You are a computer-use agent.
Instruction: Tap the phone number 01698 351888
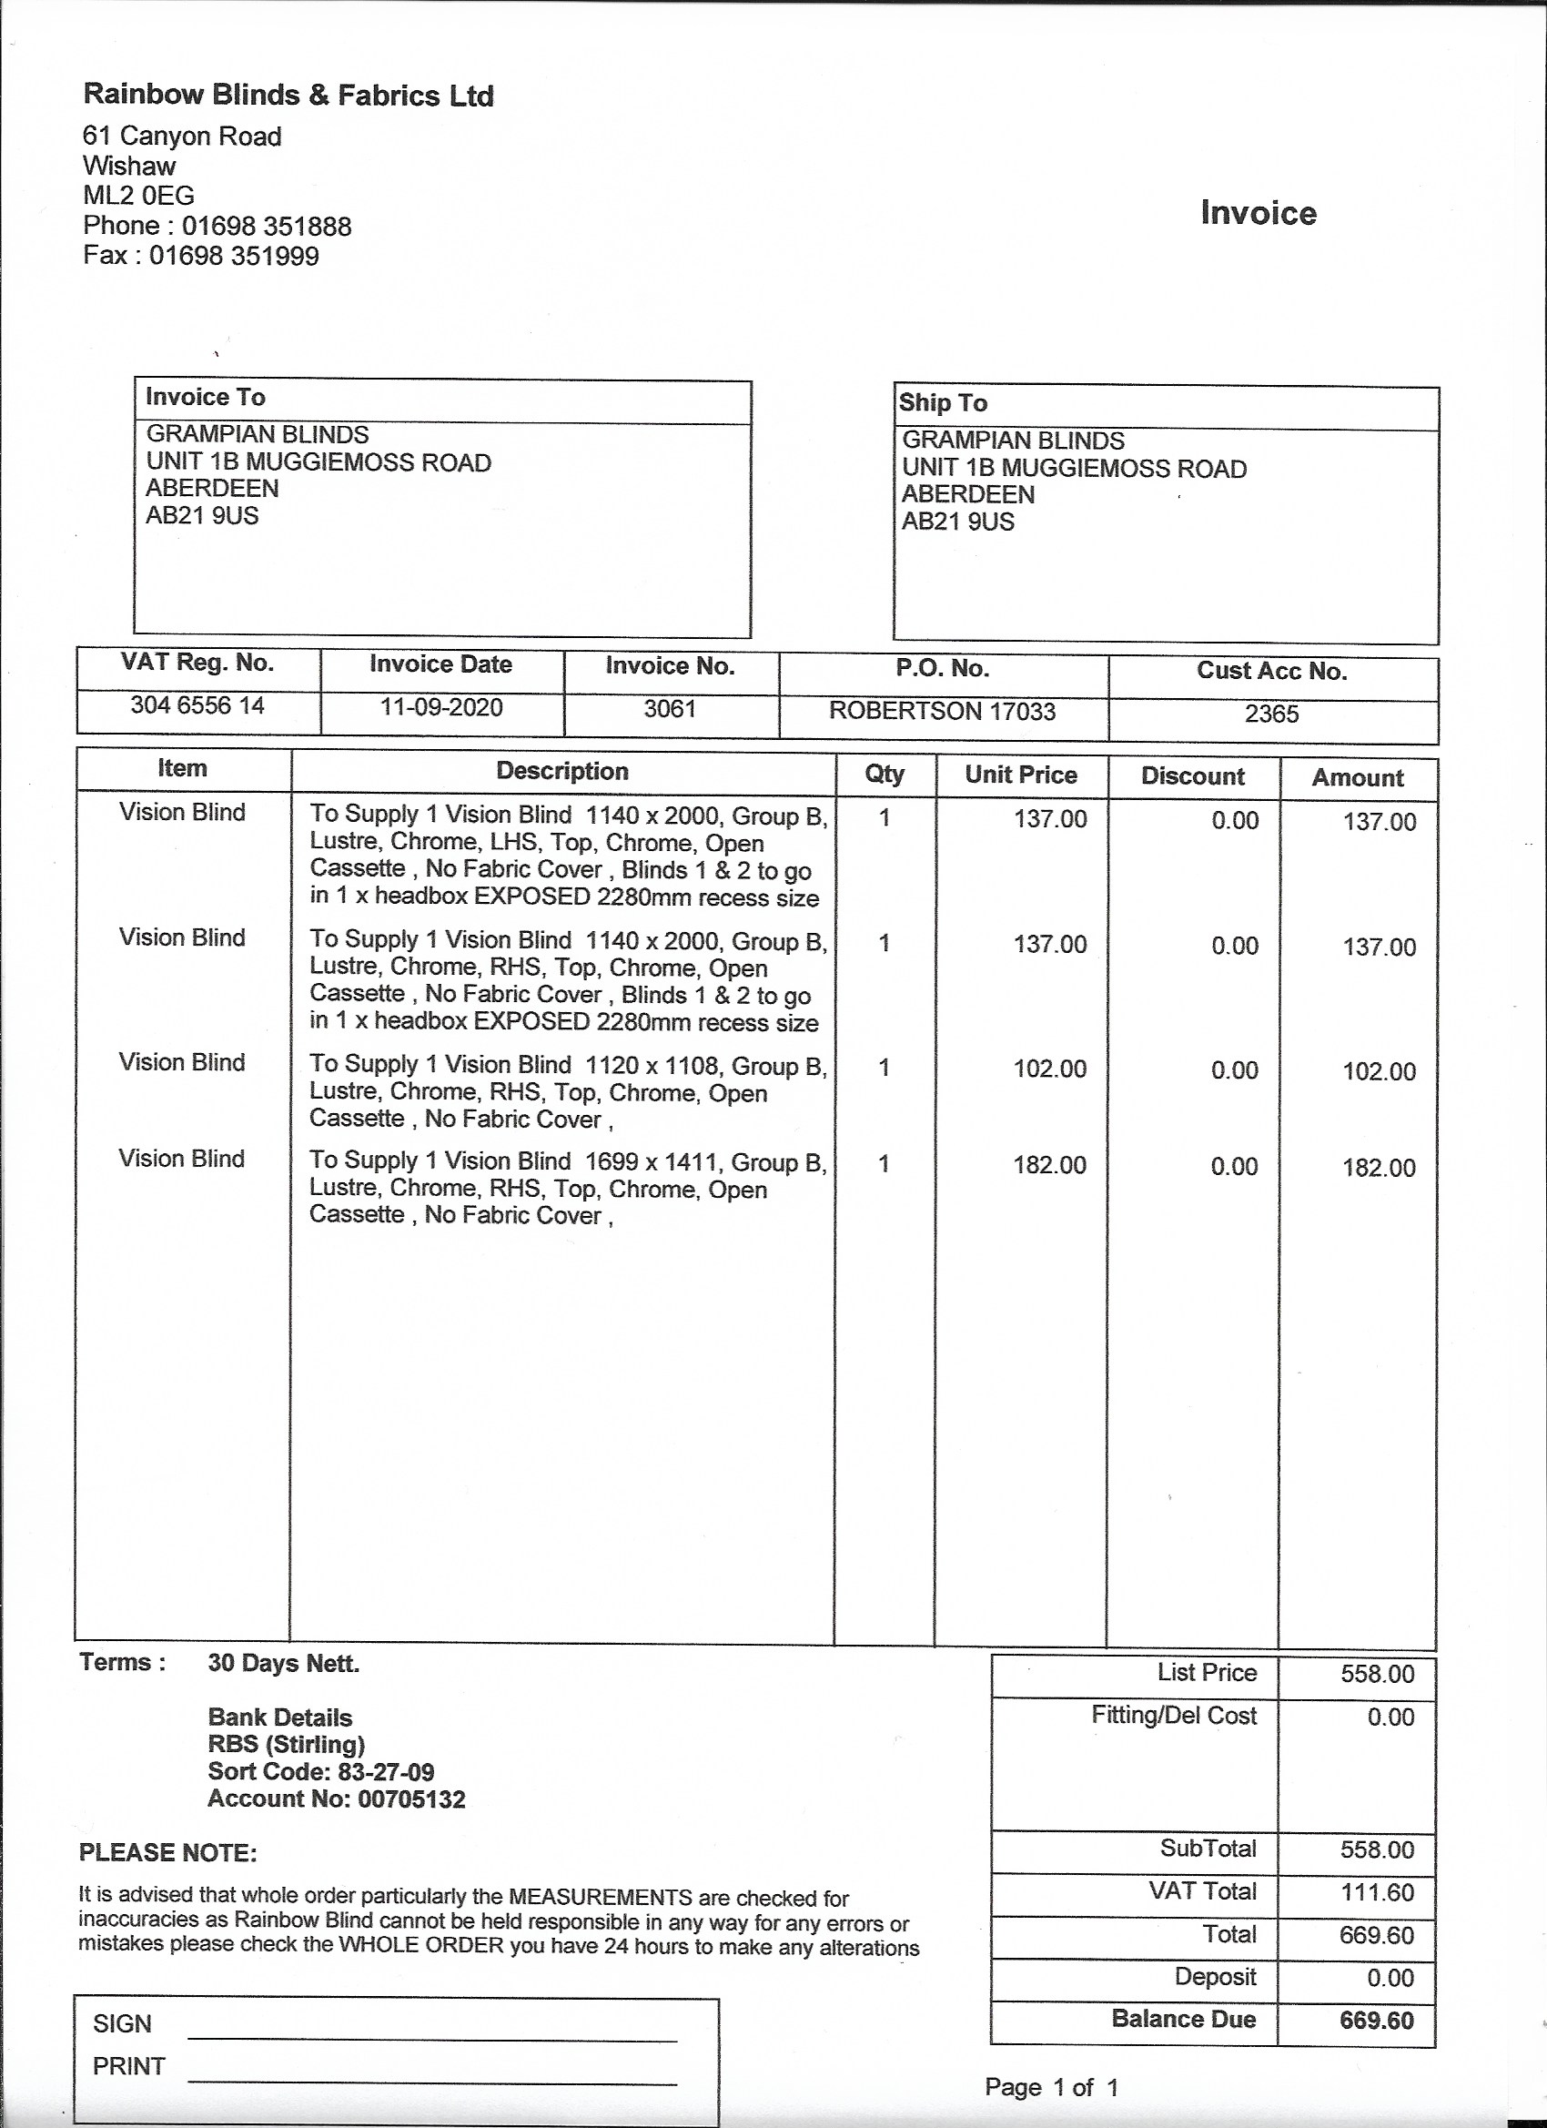click(267, 226)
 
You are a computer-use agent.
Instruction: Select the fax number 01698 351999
click(234, 256)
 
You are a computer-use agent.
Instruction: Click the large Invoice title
click(1258, 213)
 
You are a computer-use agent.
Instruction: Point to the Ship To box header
click(943, 402)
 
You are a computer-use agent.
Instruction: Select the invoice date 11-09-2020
click(441, 706)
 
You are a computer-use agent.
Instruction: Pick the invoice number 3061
click(669, 708)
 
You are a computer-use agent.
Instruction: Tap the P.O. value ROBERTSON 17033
click(942, 711)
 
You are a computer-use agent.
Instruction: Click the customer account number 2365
click(1271, 714)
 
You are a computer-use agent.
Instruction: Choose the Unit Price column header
click(1021, 775)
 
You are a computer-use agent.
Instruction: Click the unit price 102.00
click(1050, 1069)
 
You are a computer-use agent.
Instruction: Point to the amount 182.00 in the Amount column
click(1378, 1167)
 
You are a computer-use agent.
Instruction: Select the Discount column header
click(1192, 776)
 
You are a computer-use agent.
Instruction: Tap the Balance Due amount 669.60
click(1376, 2020)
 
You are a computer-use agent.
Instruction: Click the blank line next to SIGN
click(431, 2032)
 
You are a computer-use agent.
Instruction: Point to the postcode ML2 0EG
click(139, 196)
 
